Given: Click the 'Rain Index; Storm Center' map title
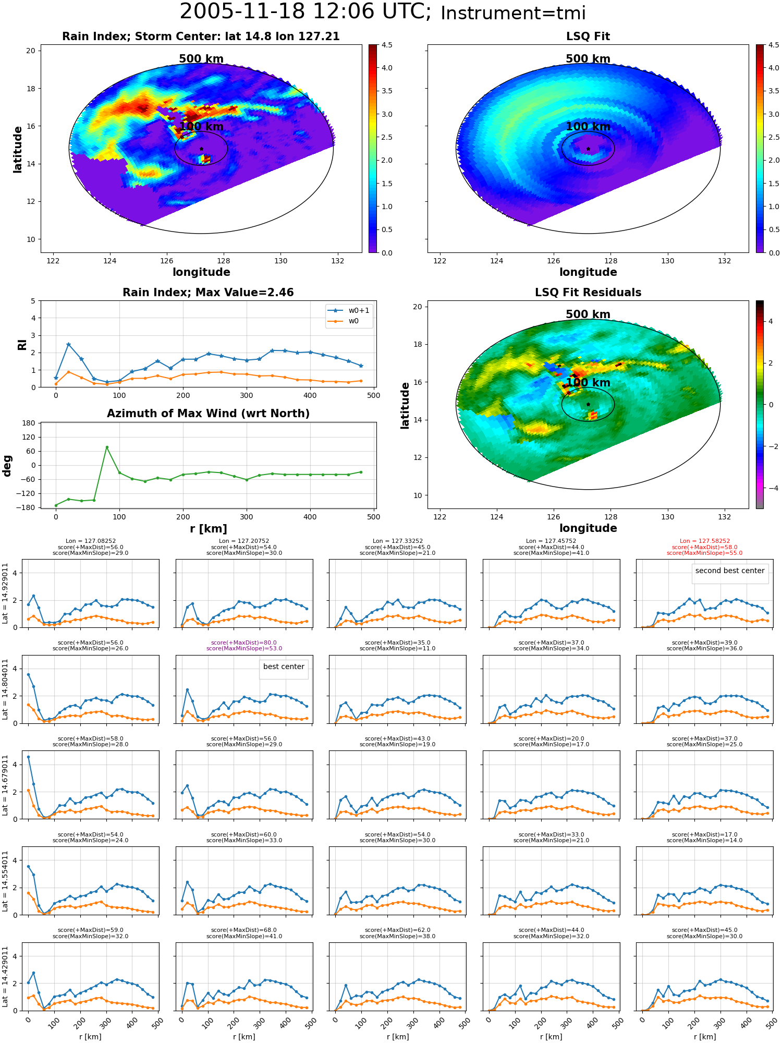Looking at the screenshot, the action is (x=201, y=37).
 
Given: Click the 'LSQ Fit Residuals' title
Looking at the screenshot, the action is (x=588, y=293).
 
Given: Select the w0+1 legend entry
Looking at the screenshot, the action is (x=349, y=310).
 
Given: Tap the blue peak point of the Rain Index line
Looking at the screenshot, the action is (x=68, y=344).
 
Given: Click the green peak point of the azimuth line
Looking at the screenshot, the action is (x=107, y=447).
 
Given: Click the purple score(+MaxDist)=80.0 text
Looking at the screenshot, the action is (x=244, y=643).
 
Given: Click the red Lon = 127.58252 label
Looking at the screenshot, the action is (x=704, y=541).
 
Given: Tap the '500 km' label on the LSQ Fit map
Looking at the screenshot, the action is (x=588, y=59).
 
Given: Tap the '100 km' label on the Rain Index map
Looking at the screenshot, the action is (x=201, y=127).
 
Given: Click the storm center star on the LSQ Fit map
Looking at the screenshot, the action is (x=588, y=149).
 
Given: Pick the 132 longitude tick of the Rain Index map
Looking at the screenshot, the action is (x=337, y=261).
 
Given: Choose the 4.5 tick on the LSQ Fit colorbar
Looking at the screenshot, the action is (x=774, y=45).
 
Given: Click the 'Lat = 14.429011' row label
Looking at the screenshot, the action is (x=5, y=977).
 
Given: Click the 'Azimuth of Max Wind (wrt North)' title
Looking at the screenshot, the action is (x=208, y=414).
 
